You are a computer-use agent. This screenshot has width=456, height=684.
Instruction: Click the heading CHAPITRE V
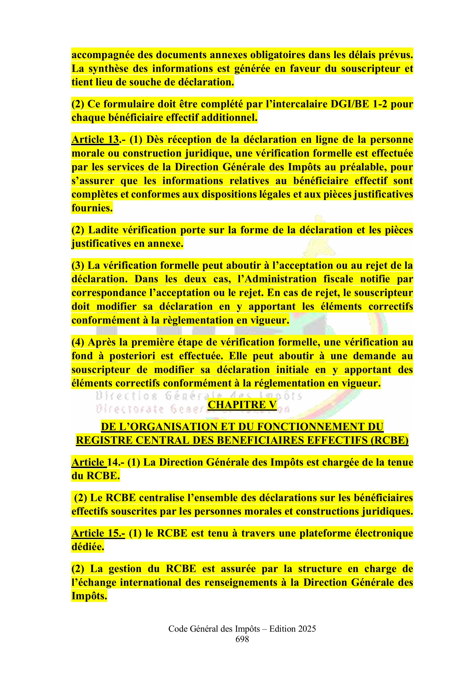point(242,405)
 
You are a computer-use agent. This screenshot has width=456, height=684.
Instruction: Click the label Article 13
point(95,140)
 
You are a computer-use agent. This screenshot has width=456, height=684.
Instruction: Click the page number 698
point(242,639)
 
